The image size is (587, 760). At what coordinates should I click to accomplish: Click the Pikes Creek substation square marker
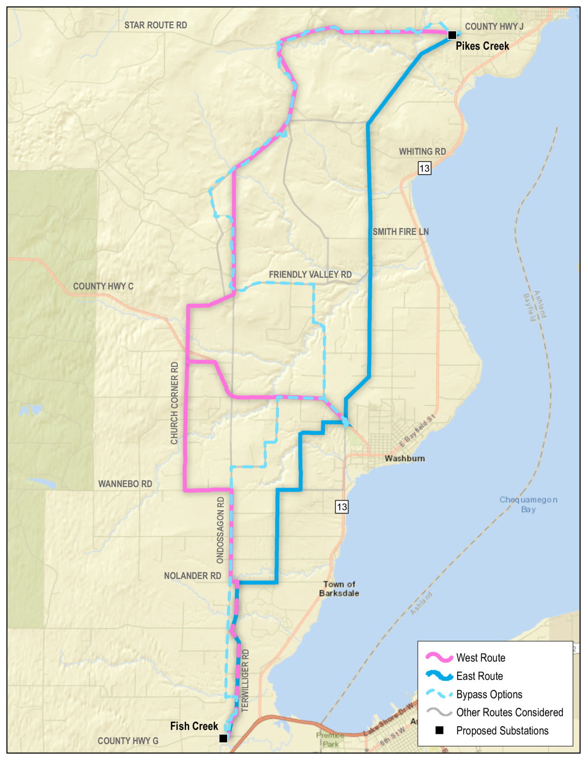pos(452,35)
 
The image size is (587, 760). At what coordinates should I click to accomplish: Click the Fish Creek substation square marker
pos(223,738)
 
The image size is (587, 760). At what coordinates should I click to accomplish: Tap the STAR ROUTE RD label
pos(155,25)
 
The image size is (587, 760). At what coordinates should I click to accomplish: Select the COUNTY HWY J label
pos(494,26)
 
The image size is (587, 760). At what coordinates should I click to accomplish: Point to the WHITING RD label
pos(422,151)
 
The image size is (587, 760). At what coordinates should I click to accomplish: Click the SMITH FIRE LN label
pos(400,231)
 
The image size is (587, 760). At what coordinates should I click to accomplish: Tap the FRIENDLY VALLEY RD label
pos(310,274)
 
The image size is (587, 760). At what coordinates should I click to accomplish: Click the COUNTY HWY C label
pos(103,286)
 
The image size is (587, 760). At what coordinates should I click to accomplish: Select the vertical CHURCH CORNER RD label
pos(174,403)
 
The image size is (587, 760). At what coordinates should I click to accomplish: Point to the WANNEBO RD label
pos(125,484)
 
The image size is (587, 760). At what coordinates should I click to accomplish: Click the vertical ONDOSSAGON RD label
pos(220,530)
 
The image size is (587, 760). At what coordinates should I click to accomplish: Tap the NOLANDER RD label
pos(192,576)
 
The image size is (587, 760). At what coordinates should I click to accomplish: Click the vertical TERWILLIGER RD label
pos(245,680)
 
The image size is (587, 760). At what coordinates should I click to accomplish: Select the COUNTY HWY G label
pos(128,741)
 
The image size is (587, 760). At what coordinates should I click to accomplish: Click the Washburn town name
pos(404,458)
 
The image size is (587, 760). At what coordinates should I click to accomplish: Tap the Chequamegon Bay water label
pos(528,504)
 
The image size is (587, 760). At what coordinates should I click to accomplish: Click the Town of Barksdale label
pos(339,589)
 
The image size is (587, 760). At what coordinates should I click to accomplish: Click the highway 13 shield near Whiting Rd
pos(424,168)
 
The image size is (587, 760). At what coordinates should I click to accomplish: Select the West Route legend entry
pos(480,657)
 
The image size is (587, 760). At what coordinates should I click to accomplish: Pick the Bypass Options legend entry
pos(489,694)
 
